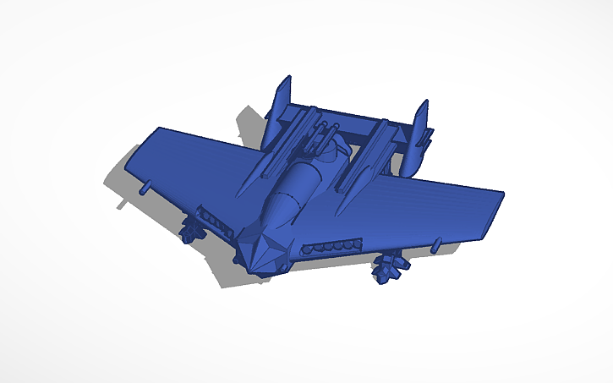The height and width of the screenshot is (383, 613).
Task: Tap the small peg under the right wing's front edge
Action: coord(435,244)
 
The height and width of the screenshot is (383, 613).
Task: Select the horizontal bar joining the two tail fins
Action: coord(355,122)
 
